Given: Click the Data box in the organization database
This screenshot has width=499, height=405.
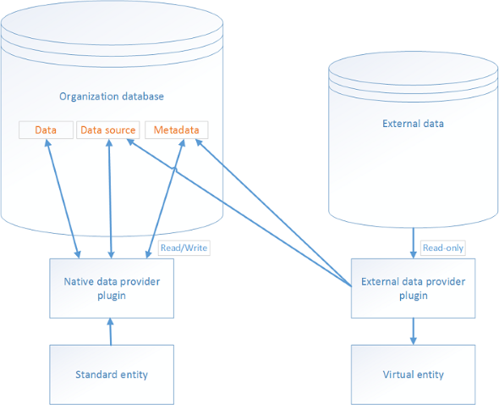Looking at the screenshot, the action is [46, 130].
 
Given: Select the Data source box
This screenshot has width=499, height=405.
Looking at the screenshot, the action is [108, 130].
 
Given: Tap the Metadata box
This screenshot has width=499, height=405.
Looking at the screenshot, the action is [176, 130].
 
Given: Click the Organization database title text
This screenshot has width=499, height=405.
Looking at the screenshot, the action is [112, 97].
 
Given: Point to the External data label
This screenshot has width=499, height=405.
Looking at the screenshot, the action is [413, 124].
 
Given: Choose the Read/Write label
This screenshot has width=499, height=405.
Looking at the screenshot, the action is [184, 247].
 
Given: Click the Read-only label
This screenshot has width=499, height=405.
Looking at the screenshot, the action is [443, 247].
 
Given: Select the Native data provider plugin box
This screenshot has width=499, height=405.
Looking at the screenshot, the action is [112, 288].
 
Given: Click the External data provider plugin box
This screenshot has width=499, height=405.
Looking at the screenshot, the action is [413, 288].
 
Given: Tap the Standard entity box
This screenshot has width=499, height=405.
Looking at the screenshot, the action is [112, 374].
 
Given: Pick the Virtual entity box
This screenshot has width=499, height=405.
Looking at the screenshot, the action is [413, 374].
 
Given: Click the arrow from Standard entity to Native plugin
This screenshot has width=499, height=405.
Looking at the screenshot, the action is [111, 331].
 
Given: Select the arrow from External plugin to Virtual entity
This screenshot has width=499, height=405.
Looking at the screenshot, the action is [413, 331].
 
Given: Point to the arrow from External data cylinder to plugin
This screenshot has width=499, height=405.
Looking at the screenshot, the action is [413, 243].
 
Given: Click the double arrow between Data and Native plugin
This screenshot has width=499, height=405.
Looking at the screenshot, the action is [63, 198].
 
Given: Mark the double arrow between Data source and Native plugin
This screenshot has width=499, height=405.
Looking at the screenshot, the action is [110, 198].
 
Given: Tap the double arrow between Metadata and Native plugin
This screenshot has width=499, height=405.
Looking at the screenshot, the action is [165, 198].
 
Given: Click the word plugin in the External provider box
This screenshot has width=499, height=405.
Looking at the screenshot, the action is [413, 296].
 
